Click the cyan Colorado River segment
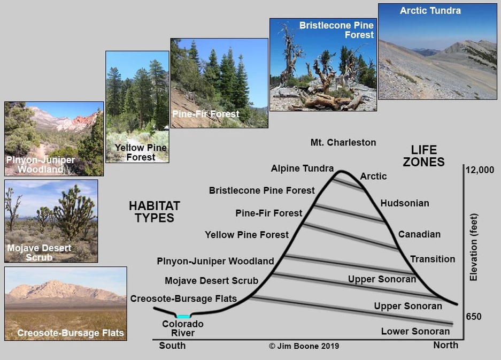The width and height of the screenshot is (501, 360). tap(183, 317)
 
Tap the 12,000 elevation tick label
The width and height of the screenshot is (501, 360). tap(480, 170)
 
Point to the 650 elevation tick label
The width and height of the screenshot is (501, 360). tap(474, 317)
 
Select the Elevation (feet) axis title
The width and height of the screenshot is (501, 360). tap(473, 247)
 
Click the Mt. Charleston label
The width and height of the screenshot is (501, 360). tap(343, 142)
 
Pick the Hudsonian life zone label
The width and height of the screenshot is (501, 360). tap(405, 203)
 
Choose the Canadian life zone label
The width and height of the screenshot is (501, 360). tap(419, 234)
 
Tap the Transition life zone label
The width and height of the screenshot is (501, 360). tap(433, 259)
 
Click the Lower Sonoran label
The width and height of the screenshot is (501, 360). tap(415, 331)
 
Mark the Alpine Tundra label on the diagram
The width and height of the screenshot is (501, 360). tap(302, 168)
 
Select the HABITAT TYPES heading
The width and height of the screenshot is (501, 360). tap(155, 212)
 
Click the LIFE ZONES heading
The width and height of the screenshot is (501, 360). tap(423, 156)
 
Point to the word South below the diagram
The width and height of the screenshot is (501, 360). tap(172, 346)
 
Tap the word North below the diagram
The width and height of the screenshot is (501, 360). tap(446, 346)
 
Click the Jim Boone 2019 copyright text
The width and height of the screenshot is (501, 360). tap(304, 346)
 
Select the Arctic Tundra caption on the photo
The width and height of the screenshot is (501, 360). tap(430, 11)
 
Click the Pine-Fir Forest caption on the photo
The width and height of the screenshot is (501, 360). tap(206, 114)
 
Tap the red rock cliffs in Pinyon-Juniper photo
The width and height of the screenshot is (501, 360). tap(86, 120)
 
